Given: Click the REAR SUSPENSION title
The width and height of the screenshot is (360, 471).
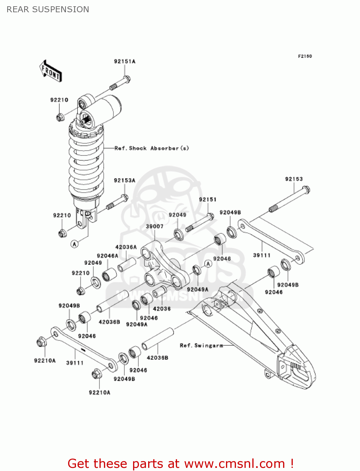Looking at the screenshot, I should [48, 9].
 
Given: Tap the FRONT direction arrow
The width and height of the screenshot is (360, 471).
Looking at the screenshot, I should [51, 71].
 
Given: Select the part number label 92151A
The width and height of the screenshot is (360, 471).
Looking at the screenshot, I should [125, 62].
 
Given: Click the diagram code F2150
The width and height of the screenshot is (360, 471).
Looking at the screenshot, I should [305, 56].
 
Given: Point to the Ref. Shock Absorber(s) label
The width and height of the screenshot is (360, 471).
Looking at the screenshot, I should [152, 148].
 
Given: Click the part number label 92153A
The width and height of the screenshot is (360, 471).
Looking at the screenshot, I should [124, 181].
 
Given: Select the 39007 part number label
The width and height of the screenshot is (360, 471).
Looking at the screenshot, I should [154, 226].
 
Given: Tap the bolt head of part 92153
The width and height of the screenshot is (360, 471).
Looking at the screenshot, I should [305, 190].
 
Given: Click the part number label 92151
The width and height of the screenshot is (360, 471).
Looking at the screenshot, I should [207, 200].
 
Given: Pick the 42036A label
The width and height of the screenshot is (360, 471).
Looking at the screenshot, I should [126, 247].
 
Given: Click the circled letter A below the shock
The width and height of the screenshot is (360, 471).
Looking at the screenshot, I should [74, 244].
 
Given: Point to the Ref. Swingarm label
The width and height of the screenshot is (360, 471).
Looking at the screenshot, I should [201, 345].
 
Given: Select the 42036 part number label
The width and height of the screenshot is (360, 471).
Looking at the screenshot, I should [162, 309].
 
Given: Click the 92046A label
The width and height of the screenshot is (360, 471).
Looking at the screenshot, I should [107, 256].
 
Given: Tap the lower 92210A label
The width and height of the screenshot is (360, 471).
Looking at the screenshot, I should [99, 392].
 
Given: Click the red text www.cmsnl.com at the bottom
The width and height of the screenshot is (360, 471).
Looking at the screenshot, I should [234, 463].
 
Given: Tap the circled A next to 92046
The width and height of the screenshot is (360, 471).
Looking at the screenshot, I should [208, 264].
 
